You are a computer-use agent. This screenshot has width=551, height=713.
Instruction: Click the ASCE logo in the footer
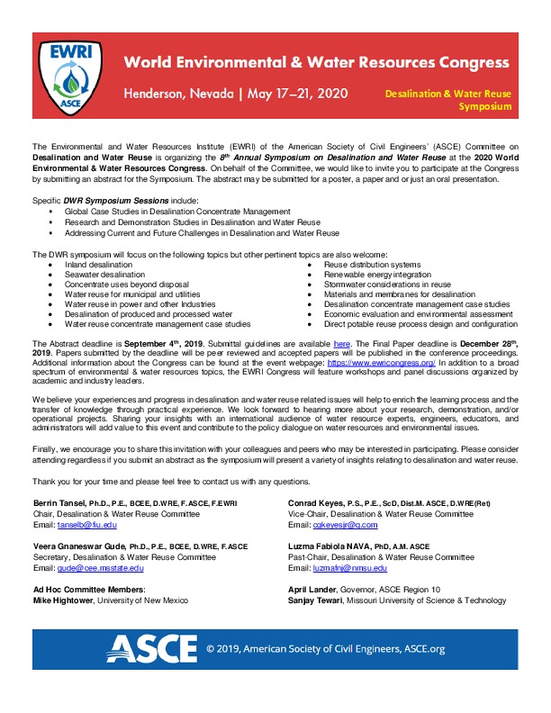pos(150,646)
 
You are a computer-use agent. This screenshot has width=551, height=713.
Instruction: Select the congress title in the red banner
pos(317,62)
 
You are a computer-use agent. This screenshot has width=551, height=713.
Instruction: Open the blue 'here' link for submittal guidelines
pos(341,345)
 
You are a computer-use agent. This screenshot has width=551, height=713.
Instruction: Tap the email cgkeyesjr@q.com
pos(334,523)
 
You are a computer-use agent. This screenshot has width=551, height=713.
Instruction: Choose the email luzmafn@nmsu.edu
pos(338,569)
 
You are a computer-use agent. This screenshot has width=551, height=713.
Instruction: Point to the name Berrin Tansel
pos(62,501)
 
